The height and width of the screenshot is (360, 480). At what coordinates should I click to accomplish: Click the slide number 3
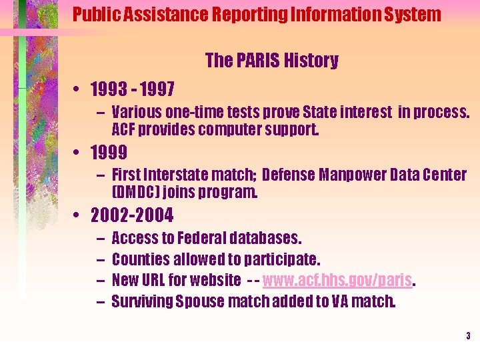pyautogui.click(x=468, y=336)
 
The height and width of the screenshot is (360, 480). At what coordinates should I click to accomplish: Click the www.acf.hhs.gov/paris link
pyautogui.click(x=339, y=281)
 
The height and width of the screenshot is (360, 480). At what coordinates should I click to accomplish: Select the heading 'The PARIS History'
pyautogui.click(x=271, y=61)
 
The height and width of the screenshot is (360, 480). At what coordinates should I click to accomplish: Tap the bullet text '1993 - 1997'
pyautogui.click(x=132, y=89)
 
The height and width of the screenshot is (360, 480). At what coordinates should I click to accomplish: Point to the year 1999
pyautogui.click(x=108, y=153)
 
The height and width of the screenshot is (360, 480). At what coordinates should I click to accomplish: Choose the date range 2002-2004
pyautogui.click(x=131, y=216)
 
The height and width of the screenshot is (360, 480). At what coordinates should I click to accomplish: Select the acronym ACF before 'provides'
pyautogui.click(x=123, y=129)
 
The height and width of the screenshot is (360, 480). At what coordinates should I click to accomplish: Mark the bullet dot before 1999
pyautogui.click(x=78, y=153)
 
